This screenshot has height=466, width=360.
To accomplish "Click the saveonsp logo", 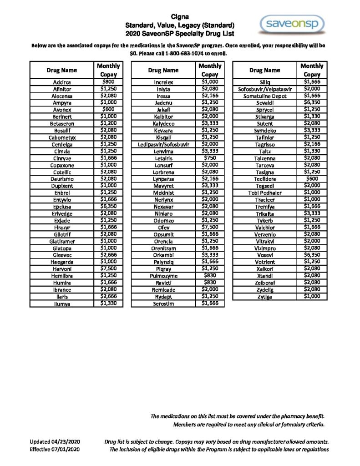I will (x=292, y=24).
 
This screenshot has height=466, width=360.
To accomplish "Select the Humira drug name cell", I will (x=61, y=282).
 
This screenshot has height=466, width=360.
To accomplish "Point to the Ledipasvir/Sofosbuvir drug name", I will (x=163, y=145).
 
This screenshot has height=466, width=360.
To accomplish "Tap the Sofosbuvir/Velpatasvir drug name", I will (x=264, y=89).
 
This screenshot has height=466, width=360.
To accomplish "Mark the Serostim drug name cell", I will (x=163, y=304).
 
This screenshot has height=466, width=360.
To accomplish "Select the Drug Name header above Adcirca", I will (x=61, y=70).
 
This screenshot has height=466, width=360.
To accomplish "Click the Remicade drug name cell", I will (x=163, y=289).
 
